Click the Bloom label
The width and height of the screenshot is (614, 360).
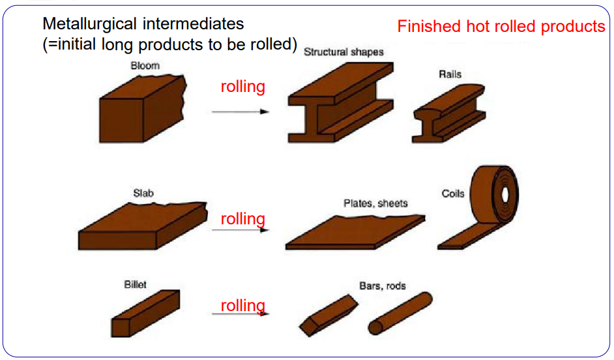click(145, 66)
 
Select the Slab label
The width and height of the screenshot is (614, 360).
click(143, 193)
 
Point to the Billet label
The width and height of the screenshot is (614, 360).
click(136, 284)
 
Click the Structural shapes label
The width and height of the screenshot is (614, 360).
click(344, 52)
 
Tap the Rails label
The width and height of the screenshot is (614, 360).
click(450, 74)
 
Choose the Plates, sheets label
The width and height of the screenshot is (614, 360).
click(375, 203)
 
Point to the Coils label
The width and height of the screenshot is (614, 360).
click(453, 194)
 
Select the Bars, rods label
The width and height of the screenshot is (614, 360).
click(383, 286)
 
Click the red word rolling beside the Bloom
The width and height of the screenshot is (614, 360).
click(242, 87)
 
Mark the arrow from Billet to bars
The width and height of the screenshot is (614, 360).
click(241, 314)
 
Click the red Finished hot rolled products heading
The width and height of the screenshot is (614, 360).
click(501, 27)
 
